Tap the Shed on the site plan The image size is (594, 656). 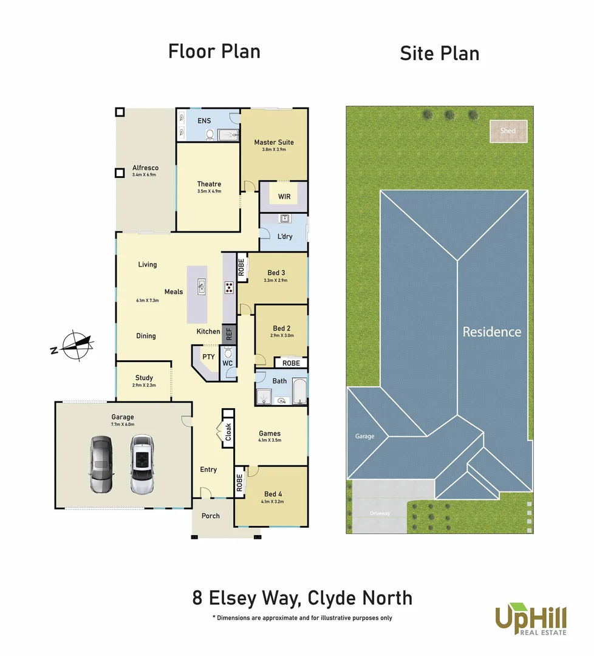[508, 131]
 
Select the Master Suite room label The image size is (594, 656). [273, 142]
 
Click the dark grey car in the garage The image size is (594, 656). [101, 465]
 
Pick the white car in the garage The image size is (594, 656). [141, 465]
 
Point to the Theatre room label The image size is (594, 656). [209, 184]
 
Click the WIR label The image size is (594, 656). [284, 197]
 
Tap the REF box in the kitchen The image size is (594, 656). [229, 333]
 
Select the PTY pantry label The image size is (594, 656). [208, 357]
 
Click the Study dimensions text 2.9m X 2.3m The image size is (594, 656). [144, 385]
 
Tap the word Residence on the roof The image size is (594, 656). [491, 332]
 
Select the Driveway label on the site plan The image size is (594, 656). [380, 513]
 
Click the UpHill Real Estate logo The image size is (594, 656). [531, 619]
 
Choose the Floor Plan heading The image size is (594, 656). [214, 52]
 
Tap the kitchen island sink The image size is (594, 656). [202, 285]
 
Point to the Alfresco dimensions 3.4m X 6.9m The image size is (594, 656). [144, 175]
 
